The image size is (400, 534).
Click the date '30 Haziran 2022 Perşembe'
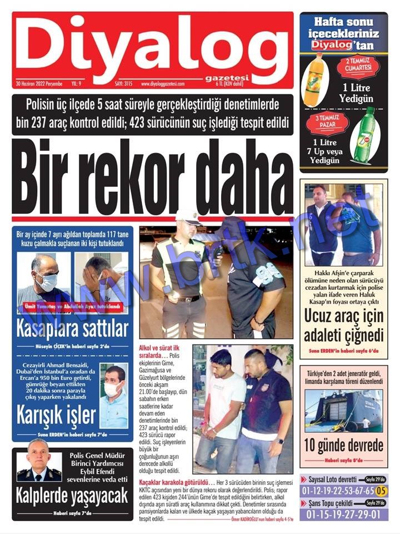click(x=39, y=84)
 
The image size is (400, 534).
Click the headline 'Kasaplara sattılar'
click(x=73, y=328)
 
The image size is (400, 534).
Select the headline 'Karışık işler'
click(x=56, y=414)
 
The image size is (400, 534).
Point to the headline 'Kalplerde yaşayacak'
click(x=72, y=496)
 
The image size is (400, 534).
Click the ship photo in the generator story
click(x=343, y=411)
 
